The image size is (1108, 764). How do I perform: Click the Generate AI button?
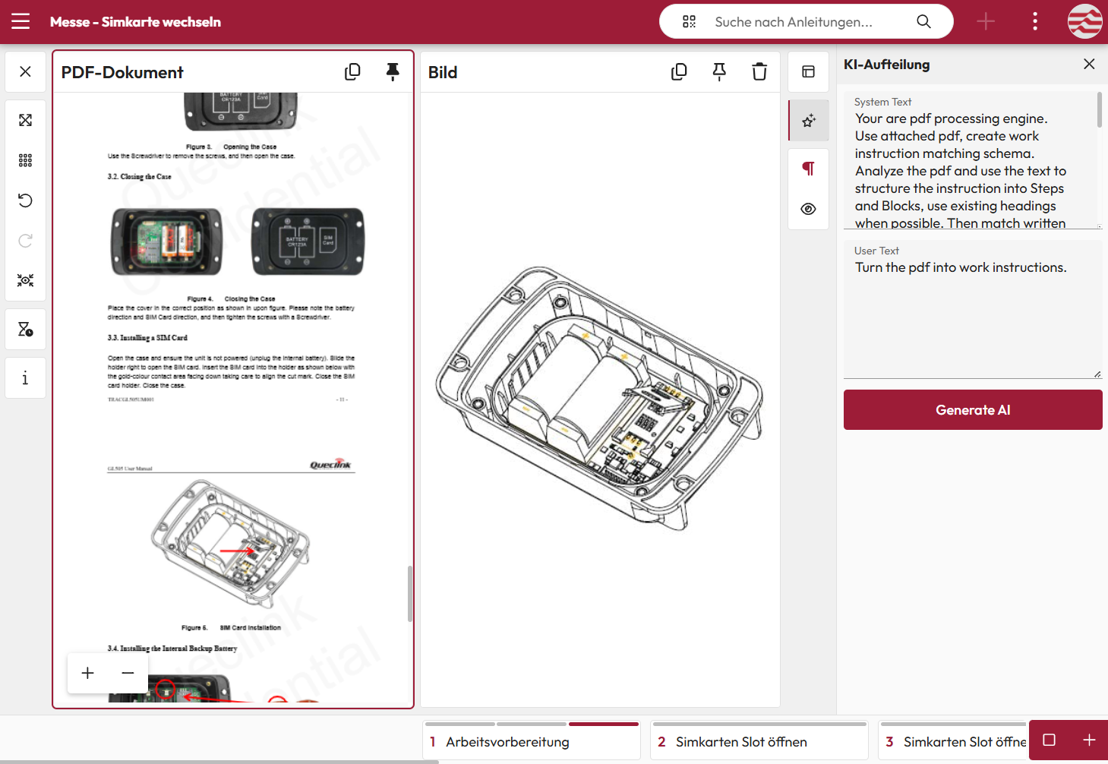click(x=972, y=410)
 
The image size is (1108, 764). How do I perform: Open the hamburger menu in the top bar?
click(x=21, y=21)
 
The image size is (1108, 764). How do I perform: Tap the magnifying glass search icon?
click(x=923, y=21)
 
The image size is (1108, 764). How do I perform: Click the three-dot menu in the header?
click(x=1034, y=21)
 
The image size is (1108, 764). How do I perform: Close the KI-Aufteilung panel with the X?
click(x=1089, y=65)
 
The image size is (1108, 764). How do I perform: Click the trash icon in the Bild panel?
click(x=759, y=72)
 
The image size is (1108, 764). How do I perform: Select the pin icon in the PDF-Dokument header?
click(x=393, y=72)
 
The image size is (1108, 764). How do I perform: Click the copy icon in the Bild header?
click(x=679, y=72)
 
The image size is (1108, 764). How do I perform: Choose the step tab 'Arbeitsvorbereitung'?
click(x=507, y=742)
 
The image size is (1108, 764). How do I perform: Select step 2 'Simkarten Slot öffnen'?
click(x=741, y=742)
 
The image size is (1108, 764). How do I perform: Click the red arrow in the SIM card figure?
click(x=238, y=551)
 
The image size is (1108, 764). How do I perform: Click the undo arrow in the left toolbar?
click(x=25, y=200)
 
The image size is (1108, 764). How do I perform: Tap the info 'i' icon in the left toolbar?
click(x=25, y=378)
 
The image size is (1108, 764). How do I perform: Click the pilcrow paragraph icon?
click(x=808, y=169)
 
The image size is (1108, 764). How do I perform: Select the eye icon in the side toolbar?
click(x=808, y=209)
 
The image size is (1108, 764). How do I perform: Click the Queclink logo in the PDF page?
click(x=330, y=465)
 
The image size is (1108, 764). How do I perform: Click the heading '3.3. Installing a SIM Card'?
click(x=147, y=338)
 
